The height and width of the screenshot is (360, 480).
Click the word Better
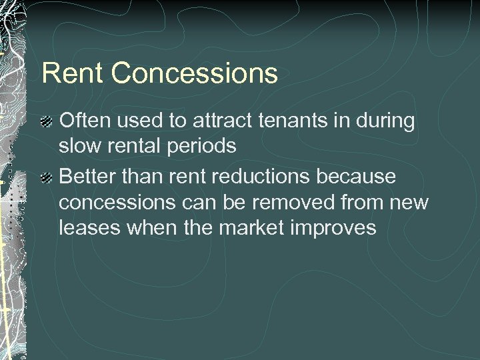click(x=89, y=177)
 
